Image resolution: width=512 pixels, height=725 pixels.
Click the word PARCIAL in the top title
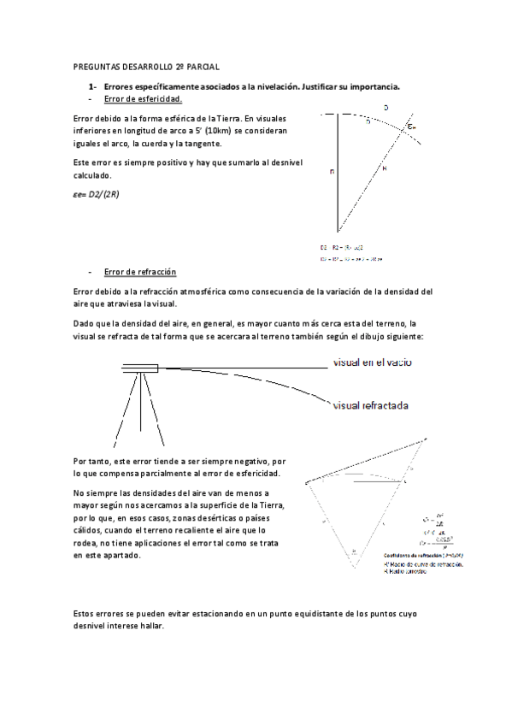pyautogui.click(x=202, y=65)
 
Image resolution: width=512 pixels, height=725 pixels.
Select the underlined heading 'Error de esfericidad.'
pyautogui.click(x=143, y=98)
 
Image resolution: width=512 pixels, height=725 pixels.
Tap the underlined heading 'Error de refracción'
pyautogui.click(x=140, y=272)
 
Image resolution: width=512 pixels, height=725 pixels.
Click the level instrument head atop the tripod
pyautogui.click(x=139, y=368)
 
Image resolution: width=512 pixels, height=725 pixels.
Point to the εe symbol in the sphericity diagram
pyautogui.click(x=414, y=127)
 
